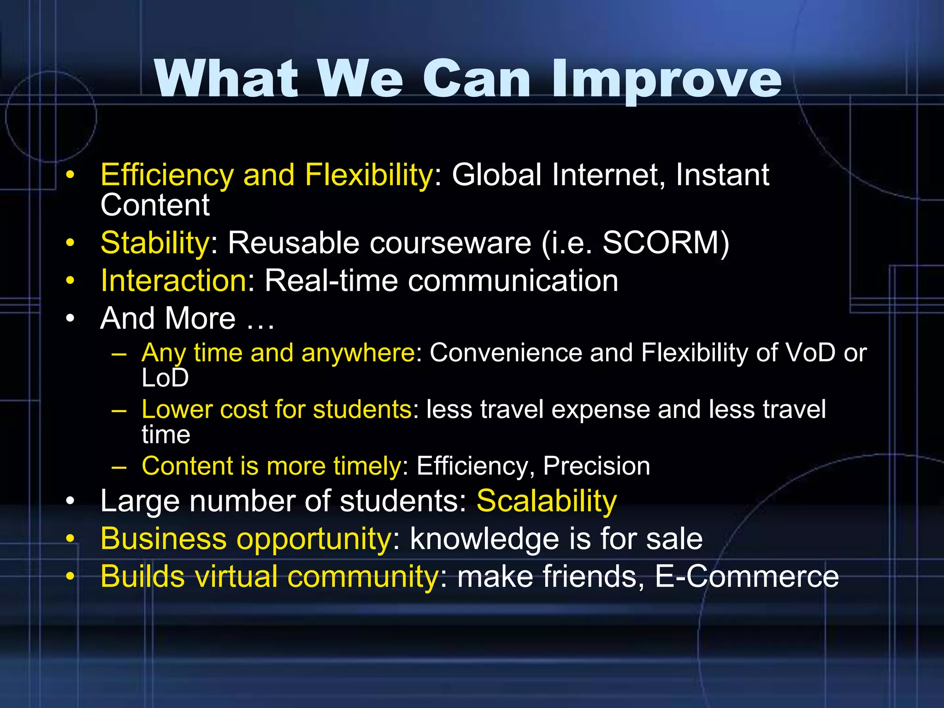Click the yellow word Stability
pos(155,243)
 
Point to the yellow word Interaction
pos(173,280)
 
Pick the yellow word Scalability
pos(546,501)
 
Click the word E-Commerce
pos(747,577)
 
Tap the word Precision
pos(596,466)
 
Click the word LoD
pos(165,378)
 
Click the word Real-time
pos(331,280)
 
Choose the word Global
pos(496,175)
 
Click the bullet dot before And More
pos(70,319)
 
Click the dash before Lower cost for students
pos(119,410)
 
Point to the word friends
pos(594,577)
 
